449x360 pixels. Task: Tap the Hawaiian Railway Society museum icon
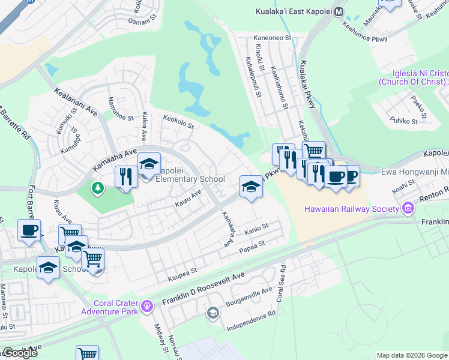click(x=409, y=209)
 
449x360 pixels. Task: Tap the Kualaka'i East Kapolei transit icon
click(x=339, y=11)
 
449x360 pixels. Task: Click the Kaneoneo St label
click(x=273, y=37)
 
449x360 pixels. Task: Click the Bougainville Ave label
click(x=250, y=298)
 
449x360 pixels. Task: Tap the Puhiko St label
click(x=403, y=121)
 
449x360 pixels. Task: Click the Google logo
click(x=20, y=353)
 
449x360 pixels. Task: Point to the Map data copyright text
click(x=412, y=355)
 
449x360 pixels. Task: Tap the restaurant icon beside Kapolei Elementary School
click(x=125, y=177)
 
